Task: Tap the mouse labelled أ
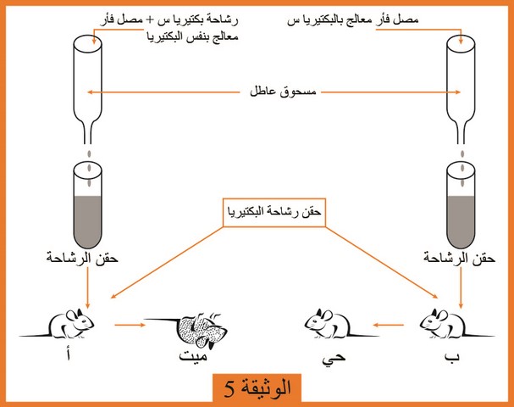[x=63, y=324]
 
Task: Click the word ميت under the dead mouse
[x=193, y=356]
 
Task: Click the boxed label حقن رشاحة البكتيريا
[x=274, y=212]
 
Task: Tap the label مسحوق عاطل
[x=283, y=92]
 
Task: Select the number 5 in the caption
[x=229, y=389]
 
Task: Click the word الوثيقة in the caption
[x=265, y=387]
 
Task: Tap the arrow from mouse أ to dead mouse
[x=130, y=325]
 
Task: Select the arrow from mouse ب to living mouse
[x=389, y=325]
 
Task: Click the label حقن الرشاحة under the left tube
[x=82, y=259]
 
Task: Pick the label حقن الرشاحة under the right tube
[x=459, y=259]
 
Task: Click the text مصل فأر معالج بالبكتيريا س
[x=353, y=20]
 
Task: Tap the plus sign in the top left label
[x=149, y=20]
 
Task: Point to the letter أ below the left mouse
[x=68, y=354]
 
